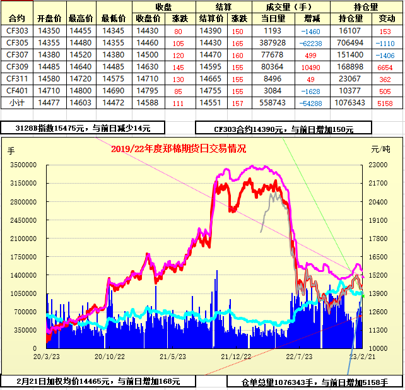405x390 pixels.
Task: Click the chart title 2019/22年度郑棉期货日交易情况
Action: pyautogui.click(x=178, y=149)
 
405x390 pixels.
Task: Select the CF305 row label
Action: pyautogui.click(x=17, y=42)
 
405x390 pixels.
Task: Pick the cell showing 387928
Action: pyautogui.click(x=272, y=42)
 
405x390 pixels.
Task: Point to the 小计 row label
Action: pyautogui.click(x=17, y=102)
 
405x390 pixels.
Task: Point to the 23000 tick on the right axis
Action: pyautogui.click(x=378, y=165)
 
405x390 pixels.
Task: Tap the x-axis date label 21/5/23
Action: pyautogui.click(x=172, y=357)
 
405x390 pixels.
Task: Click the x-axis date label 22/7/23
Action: pyautogui.click(x=299, y=357)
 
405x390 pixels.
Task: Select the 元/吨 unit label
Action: pyautogui.click(x=380, y=150)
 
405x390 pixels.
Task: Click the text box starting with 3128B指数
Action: pyautogui.click(x=83, y=128)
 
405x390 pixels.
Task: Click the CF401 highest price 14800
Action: pyautogui.click(x=81, y=90)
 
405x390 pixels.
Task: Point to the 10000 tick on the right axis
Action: pyautogui.click(x=378, y=348)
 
